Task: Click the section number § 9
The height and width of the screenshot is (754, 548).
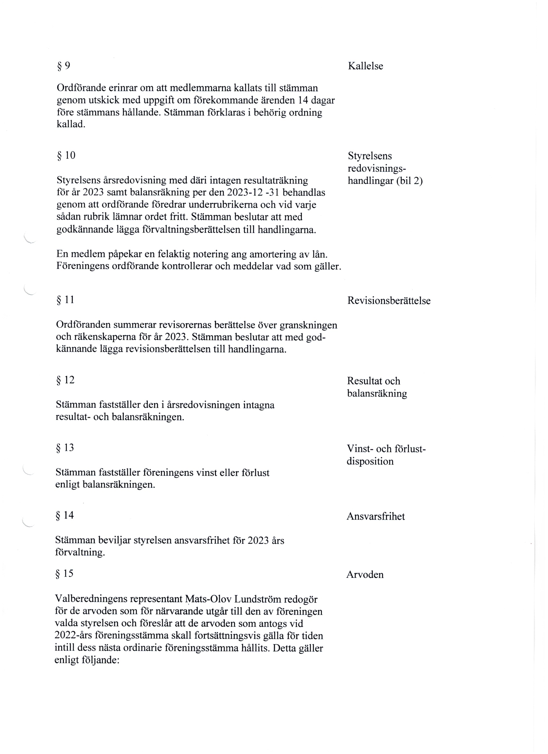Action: point(64,66)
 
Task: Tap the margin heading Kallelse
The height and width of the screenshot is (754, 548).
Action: point(365,66)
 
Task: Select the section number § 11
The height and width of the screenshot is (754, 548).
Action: point(65,300)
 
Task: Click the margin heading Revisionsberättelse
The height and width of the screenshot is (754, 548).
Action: point(389,301)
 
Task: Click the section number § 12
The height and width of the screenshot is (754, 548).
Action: point(65,380)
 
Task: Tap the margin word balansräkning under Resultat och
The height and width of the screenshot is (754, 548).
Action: point(377,394)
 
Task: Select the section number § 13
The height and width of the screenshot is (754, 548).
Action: point(65,448)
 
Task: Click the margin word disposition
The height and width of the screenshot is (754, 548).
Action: point(370,462)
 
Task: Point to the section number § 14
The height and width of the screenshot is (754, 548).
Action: point(65,516)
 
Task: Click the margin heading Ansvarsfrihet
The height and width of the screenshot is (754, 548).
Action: point(376,517)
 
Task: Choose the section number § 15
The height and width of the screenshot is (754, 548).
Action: point(64,574)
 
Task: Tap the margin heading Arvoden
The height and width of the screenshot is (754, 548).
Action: point(365,575)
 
